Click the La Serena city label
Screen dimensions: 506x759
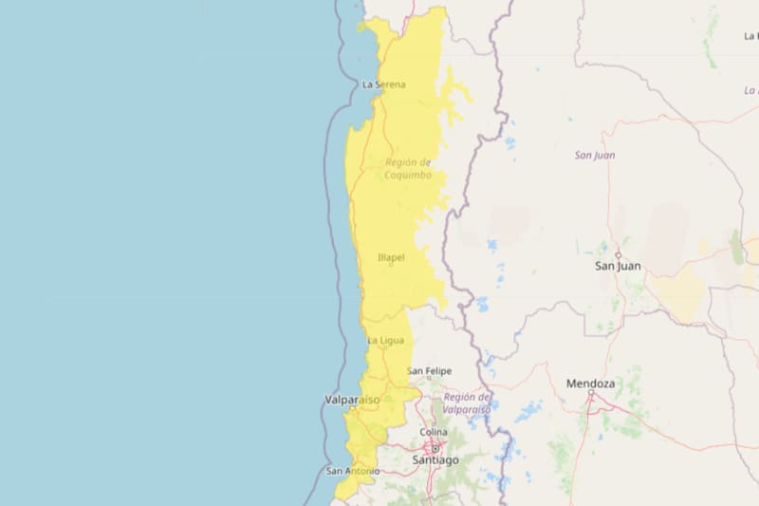click(x=384, y=84)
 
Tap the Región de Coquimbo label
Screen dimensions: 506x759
click(x=408, y=169)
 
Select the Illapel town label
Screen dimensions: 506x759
click(x=391, y=257)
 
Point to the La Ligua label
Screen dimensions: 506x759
click(x=385, y=341)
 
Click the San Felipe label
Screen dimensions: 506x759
click(x=430, y=370)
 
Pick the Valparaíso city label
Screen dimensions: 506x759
click(x=352, y=400)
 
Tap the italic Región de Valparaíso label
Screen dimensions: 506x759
click(x=467, y=403)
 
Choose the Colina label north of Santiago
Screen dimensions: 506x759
click(x=434, y=433)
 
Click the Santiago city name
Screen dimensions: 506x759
click(x=435, y=459)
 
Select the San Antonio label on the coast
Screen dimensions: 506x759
click(x=353, y=471)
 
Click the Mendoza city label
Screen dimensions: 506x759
click(x=591, y=384)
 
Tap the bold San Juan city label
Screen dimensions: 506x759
click(x=618, y=267)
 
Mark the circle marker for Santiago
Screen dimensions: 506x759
click(x=435, y=446)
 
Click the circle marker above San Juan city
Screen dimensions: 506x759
click(x=618, y=254)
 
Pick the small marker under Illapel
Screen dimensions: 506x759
click(x=390, y=265)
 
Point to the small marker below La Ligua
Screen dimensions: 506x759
click(x=383, y=348)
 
